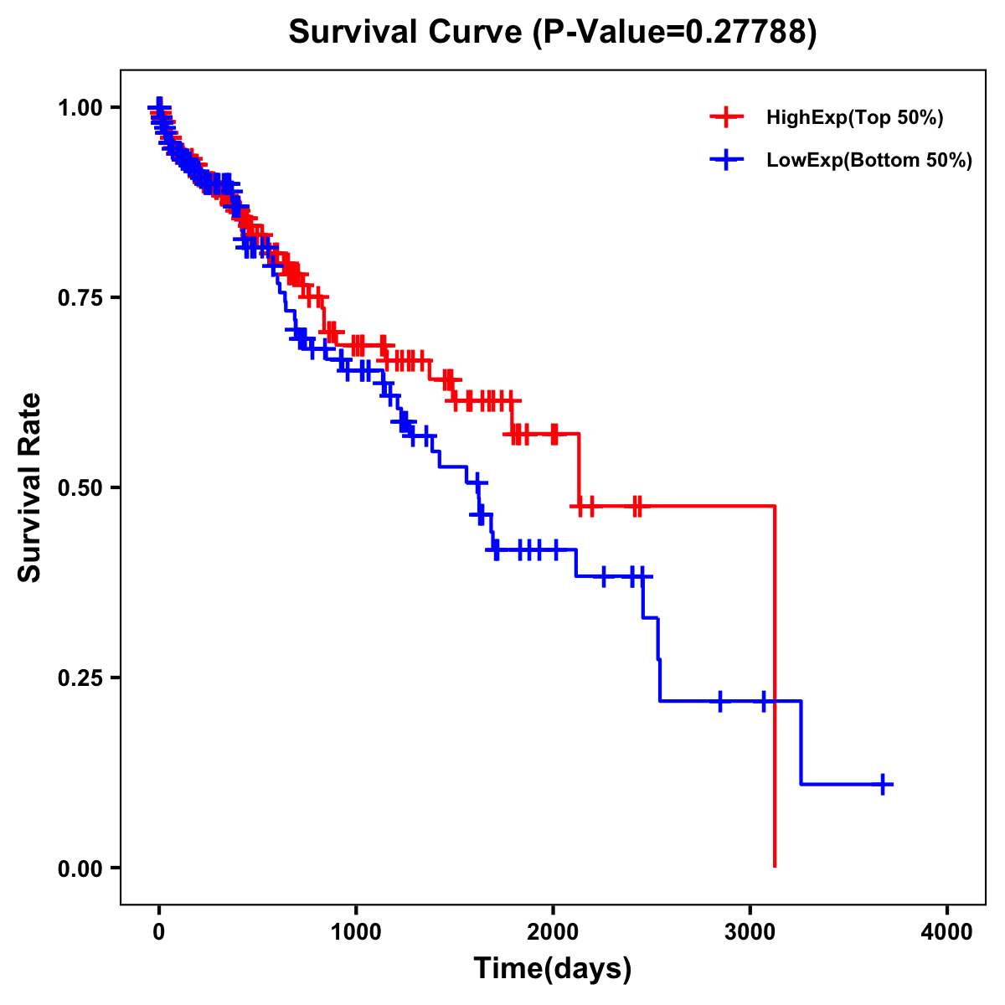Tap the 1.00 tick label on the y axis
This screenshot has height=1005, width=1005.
[79, 108]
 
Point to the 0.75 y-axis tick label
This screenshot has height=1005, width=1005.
[79, 298]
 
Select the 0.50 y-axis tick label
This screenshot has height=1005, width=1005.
[79, 488]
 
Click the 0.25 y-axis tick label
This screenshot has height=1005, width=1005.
[79, 678]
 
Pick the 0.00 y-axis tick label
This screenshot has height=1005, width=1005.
[79, 868]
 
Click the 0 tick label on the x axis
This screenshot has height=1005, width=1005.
[159, 932]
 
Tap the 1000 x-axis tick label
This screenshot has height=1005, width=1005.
[356, 932]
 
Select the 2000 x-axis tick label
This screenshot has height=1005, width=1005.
[553, 932]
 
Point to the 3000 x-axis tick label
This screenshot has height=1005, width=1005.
[750, 932]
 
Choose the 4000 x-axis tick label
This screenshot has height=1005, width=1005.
[947, 932]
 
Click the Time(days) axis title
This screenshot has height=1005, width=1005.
[553, 969]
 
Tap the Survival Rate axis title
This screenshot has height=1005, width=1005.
[30, 487]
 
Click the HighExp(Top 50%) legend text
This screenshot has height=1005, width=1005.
[854, 118]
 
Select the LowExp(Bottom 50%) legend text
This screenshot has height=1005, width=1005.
[869, 161]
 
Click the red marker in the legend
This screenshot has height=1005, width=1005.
[726, 117]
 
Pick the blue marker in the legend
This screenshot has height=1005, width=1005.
[726, 160]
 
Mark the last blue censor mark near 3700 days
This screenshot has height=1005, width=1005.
[883, 784]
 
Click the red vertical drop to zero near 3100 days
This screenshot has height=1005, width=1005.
[775, 687]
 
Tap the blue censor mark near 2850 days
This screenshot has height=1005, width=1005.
[719, 701]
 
